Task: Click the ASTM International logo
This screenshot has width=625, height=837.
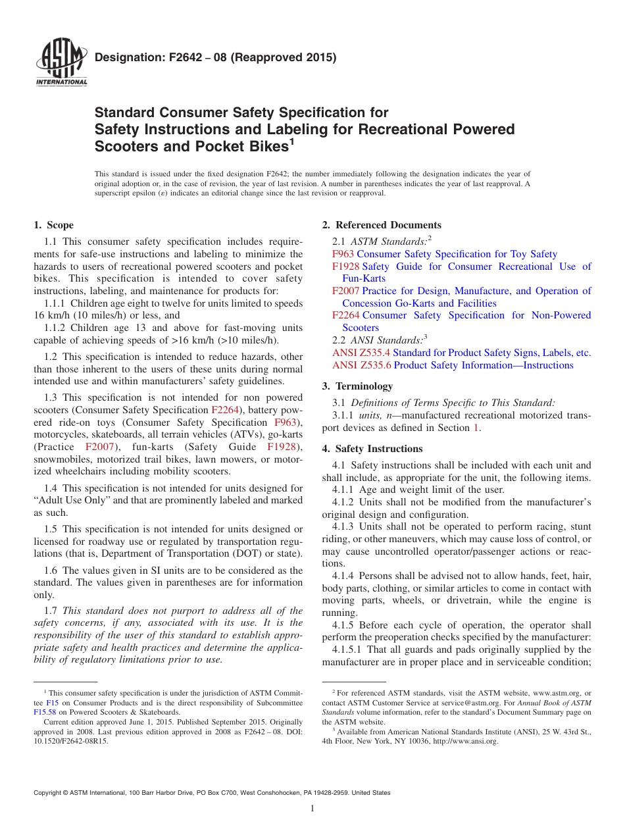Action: click(61, 63)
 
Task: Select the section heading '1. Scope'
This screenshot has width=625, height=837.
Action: click(54, 225)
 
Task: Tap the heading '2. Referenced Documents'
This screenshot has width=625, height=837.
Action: click(382, 225)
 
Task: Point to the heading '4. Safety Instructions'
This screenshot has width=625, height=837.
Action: click(372, 449)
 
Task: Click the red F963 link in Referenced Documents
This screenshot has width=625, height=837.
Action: click(343, 254)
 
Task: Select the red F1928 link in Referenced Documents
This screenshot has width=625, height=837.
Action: click(345, 266)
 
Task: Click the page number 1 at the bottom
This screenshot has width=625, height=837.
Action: click(312, 809)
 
